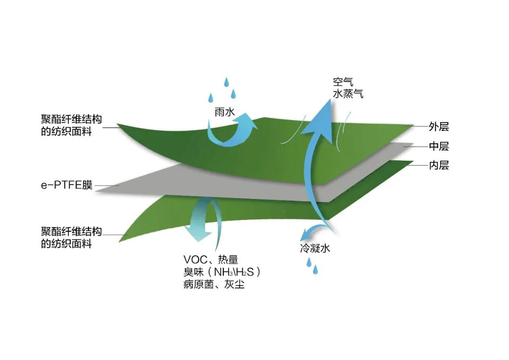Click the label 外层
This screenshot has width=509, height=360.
point(438,127)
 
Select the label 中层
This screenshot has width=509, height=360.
point(438,147)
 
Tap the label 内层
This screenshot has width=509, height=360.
point(438,165)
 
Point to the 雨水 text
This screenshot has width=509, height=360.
point(224,114)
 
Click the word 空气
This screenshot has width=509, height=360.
point(342,83)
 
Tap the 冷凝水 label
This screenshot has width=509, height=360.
point(315,248)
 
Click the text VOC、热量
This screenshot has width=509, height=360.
point(211,259)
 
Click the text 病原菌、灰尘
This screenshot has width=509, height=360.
point(214,285)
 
